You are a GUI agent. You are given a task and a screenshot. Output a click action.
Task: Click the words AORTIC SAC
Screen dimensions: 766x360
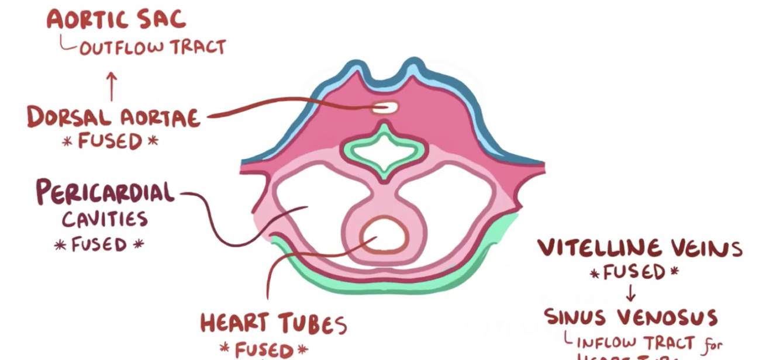pyautogui.click(x=116, y=19)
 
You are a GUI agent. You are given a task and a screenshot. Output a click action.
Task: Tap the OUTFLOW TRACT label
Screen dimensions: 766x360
pyautogui.click(x=152, y=47)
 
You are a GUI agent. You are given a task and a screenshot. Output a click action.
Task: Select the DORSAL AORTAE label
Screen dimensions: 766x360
pyautogui.click(x=113, y=117)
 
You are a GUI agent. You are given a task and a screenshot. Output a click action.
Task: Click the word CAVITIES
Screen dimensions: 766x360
pyautogui.click(x=105, y=220)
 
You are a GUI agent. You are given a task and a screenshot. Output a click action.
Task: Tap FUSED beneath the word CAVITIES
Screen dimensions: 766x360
pyautogui.click(x=99, y=244)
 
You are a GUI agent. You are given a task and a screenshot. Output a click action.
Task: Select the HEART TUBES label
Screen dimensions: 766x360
pyautogui.click(x=273, y=323)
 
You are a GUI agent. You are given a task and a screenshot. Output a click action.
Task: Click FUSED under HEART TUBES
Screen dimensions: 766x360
pyautogui.click(x=263, y=349)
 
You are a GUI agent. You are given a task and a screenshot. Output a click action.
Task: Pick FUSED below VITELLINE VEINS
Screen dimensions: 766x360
pyautogui.click(x=634, y=272)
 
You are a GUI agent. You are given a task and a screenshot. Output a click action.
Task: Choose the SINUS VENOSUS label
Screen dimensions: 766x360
pyautogui.click(x=631, y=317)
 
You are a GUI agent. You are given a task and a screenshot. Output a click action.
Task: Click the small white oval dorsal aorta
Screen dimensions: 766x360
pyautogui.click(x=385, y=108)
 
